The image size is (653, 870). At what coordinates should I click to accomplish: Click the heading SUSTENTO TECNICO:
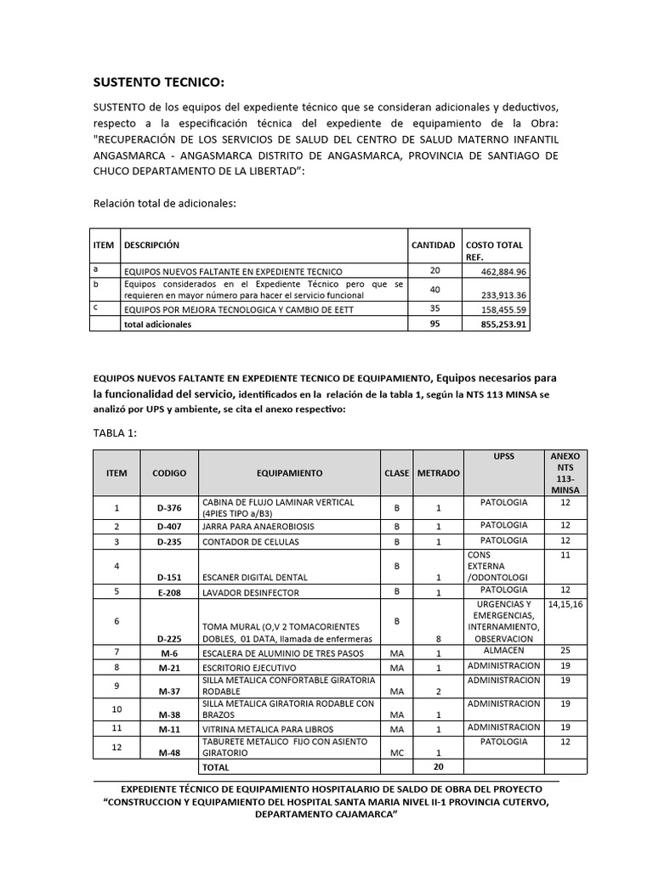(x=158, y=82)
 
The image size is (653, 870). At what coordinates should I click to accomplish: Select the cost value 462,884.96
(x=503, y=271)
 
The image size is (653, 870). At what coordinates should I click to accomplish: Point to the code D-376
(x=169, y=508)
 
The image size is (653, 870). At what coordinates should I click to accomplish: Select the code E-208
(x=169, y=591)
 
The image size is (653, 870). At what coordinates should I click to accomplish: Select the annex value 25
(x=564, y=650)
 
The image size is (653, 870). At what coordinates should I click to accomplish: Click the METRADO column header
(x=439, y=472)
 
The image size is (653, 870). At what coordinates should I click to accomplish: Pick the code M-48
(x=169, y=753)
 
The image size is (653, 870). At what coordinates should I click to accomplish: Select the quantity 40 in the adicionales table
(x=434, y=289)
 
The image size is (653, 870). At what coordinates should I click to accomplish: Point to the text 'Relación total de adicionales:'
(x=163, y=203)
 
